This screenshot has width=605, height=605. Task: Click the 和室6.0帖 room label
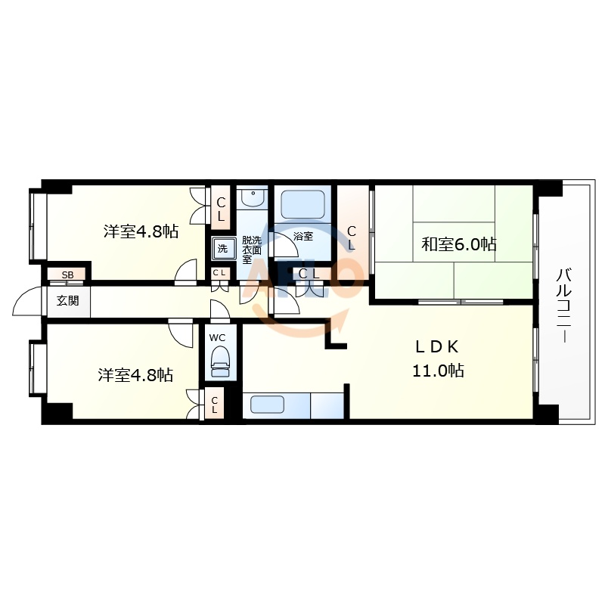[458, 244]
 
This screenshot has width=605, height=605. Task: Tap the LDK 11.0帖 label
[437, 359]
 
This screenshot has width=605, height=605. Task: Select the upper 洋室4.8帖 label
[141, 232]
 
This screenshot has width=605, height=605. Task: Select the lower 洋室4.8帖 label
[135, 374]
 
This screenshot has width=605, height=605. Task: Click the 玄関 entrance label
[67, 300]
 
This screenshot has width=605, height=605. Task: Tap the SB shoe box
[67, 275]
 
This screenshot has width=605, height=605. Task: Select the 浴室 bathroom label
[303, 236]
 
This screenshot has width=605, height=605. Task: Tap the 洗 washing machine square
[222, 248]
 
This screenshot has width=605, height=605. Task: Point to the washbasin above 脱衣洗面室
[251, 199]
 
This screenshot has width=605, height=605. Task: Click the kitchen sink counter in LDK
[277, 405]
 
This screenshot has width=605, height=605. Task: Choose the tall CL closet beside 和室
[352, 234]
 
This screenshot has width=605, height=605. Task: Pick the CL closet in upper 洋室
[220, 209]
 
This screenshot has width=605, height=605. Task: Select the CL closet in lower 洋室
[214, 405]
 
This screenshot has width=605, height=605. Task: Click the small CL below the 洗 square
[219, 273]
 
